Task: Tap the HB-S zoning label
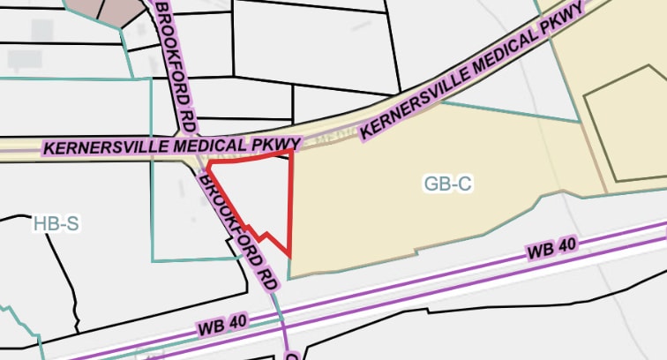click(x=56, y=224)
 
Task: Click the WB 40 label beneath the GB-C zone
click(x=551, y=250)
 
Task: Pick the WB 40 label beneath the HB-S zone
click(x=224, y=324)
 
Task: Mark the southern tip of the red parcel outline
click(x=290, y=256)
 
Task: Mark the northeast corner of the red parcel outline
click(x=291, y=152)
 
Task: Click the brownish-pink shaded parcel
click(x=119, y=8)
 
